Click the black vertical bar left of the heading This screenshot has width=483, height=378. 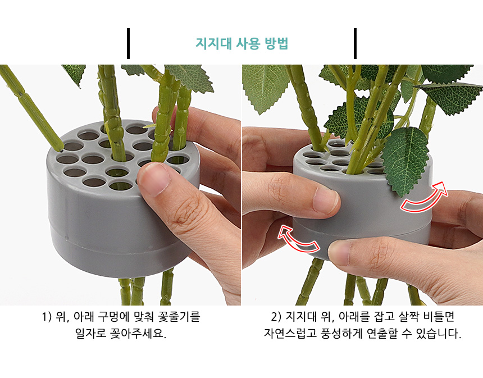(x=128, y=43)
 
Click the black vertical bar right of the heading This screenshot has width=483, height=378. (x=355, y=43)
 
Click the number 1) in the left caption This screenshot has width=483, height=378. (x=46, y=317)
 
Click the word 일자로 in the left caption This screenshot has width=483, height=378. (x=91, y=333)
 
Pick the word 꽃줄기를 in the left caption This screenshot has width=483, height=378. (x=179, y=317)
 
